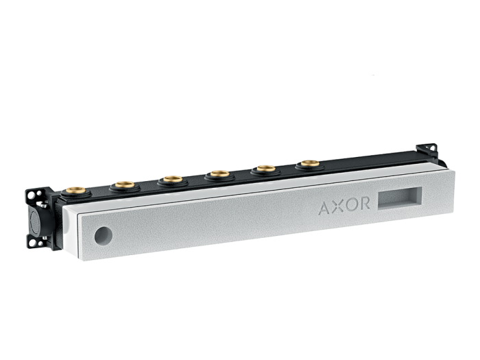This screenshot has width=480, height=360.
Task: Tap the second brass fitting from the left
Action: [125, 184]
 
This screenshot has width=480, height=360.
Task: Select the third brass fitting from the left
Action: [173, 179]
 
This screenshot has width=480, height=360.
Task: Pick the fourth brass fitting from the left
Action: [220, 174]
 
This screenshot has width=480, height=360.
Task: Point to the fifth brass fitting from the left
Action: [265, 169]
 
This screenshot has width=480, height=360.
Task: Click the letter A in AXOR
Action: [325, 208]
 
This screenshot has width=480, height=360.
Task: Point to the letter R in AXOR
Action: [364, 203]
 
